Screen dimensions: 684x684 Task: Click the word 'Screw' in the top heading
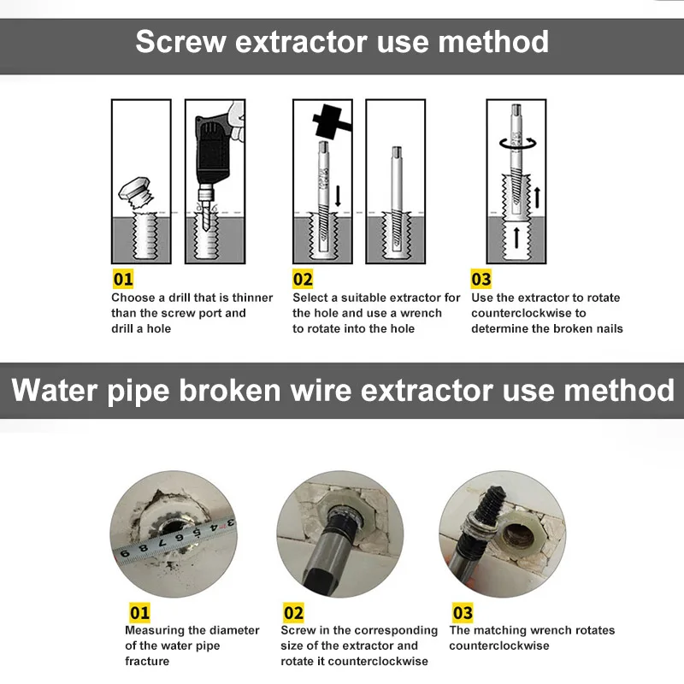[x=180, y=42]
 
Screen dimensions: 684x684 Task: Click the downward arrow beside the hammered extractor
[x=338, y=196]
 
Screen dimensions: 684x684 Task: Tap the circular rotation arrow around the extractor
[x=518, y=144]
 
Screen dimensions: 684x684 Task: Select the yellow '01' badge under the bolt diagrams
[x=122, y=280]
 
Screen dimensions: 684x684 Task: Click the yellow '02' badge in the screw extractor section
[x=303, y=280]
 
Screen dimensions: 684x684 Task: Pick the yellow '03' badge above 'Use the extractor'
[x=481, y=280]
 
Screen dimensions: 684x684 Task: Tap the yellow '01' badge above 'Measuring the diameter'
[x=139, y=613]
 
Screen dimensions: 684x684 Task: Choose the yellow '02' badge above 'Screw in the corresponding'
[x=293, y=613]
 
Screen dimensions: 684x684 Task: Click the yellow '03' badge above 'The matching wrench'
[x=463, y=613]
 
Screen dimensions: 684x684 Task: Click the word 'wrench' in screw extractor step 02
[x=421, y=313]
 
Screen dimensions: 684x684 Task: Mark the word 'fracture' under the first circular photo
[x=147, y=661]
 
